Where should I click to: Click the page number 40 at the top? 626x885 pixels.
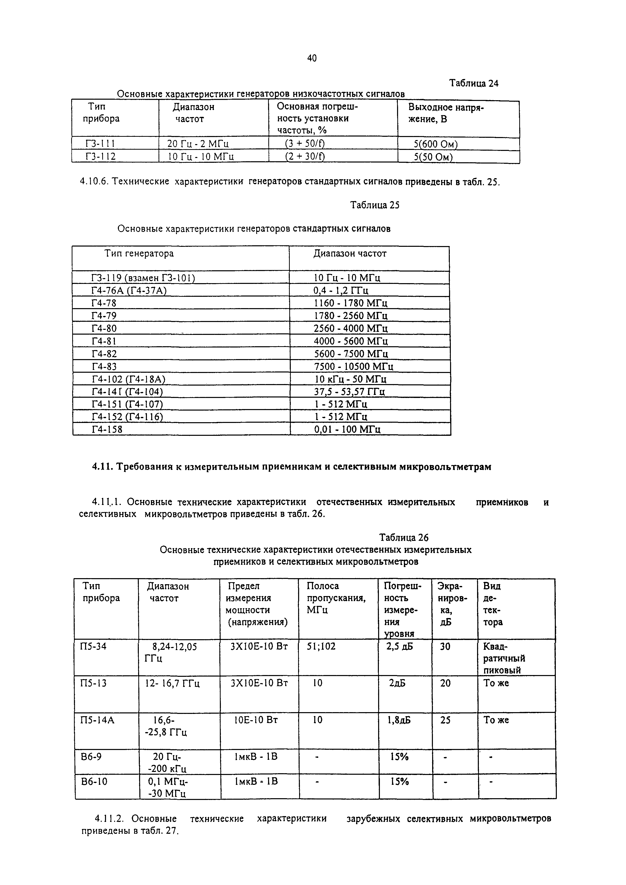pos(312,58)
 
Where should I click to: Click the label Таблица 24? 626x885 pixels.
pos(474,83)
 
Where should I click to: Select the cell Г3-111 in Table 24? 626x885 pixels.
pos(100,144)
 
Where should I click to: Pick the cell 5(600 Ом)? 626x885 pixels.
pos(435,145)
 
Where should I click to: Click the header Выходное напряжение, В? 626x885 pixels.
pos(446,113)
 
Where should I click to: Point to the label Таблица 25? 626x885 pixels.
pos(374,205)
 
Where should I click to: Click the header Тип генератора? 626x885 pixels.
pos(139,254)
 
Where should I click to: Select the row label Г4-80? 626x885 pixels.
pos(104,328)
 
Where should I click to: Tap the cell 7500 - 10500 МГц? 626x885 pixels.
pos(353,366)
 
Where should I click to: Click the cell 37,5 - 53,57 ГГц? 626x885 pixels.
pos(349,392)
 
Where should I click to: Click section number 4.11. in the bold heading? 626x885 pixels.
pos(102,467)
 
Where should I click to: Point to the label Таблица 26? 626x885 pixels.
pos(404,538)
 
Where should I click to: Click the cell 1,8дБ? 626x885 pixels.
pos(399,720)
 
